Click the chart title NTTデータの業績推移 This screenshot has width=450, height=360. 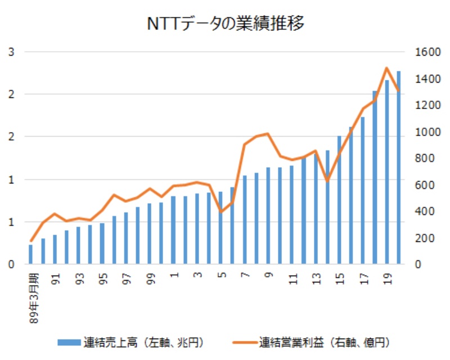(x=225, y=24)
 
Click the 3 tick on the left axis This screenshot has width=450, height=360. (x=11, y=52)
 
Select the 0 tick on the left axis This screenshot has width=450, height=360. (x=11, y=264)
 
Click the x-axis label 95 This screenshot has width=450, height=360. (x=103, y=280)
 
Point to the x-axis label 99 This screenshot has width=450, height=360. (x=150, y=280)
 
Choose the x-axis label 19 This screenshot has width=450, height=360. (x=386, y=280)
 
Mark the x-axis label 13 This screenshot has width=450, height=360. (x=316, y=280)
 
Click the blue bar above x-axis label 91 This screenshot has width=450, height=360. (x=55, y=250)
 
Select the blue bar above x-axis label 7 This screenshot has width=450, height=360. (x=244, y=220)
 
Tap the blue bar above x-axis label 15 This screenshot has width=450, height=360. (x=339, y=200)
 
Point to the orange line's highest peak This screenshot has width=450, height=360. (x=387, y=68)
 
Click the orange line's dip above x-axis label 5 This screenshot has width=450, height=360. (x=220, y=212)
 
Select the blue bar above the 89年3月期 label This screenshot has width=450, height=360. (x=31, y=255)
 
